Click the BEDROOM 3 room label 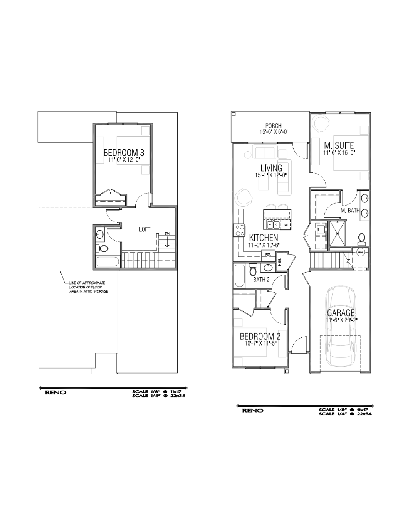coord(124,153)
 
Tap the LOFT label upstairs coord(144,229)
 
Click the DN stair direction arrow coord(167,242)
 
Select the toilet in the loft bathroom coord(101,248)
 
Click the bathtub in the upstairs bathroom coord(107,262)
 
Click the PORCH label coord(273,126)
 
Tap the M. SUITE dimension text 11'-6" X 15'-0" coord(339,153)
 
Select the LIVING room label coord(271,168)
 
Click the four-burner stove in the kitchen coord(240,230)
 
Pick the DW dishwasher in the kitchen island coord(286,224)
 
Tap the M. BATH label coord(350,211)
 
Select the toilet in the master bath coord(362,239)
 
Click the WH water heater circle coord(361,253)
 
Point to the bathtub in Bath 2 coord(239,276)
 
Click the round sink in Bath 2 coord(267,268)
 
